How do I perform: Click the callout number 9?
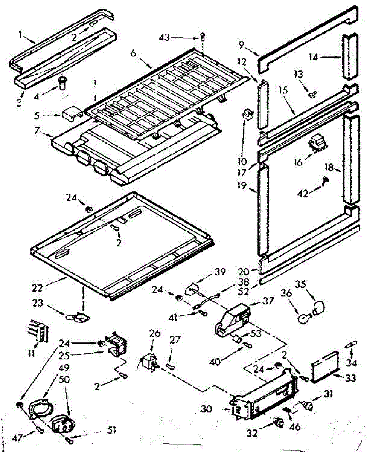pos(241,45)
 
